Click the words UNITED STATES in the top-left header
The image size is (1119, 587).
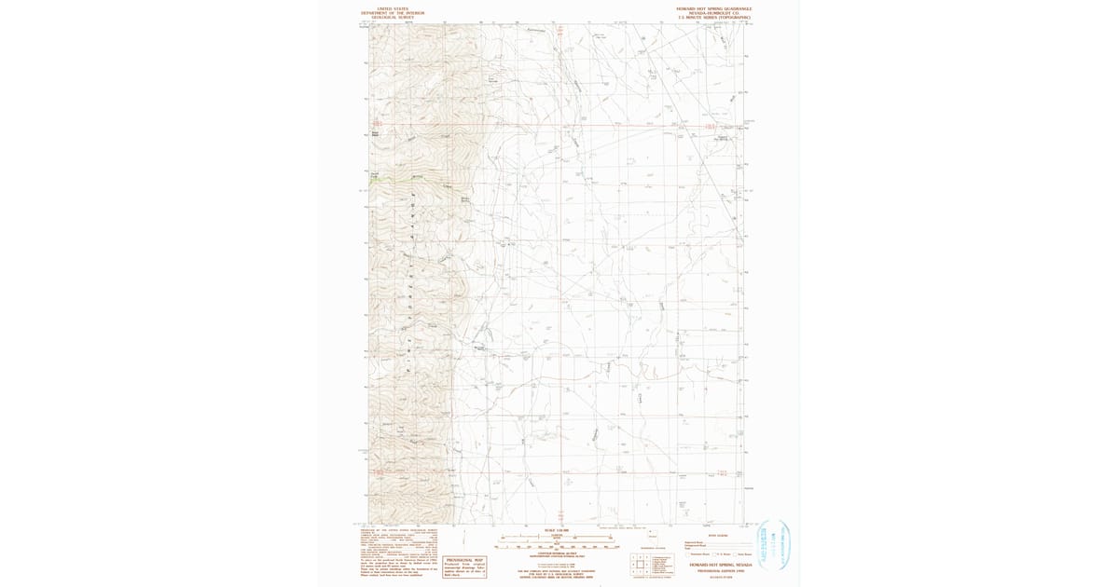click(x=393, y=8)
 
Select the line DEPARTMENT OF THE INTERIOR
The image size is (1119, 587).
click(x=393, y=13)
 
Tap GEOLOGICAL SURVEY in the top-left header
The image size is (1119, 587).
click(x=393, y=18)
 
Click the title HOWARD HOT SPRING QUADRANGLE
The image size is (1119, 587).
click(x=714, y=8)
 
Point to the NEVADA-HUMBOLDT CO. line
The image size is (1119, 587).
click(x=714, y=13)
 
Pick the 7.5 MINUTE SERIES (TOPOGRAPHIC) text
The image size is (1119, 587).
click(x=714, y=18)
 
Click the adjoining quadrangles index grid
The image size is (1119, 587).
click(x=639, y=563)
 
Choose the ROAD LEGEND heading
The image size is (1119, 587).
click(x=716, y=536)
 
